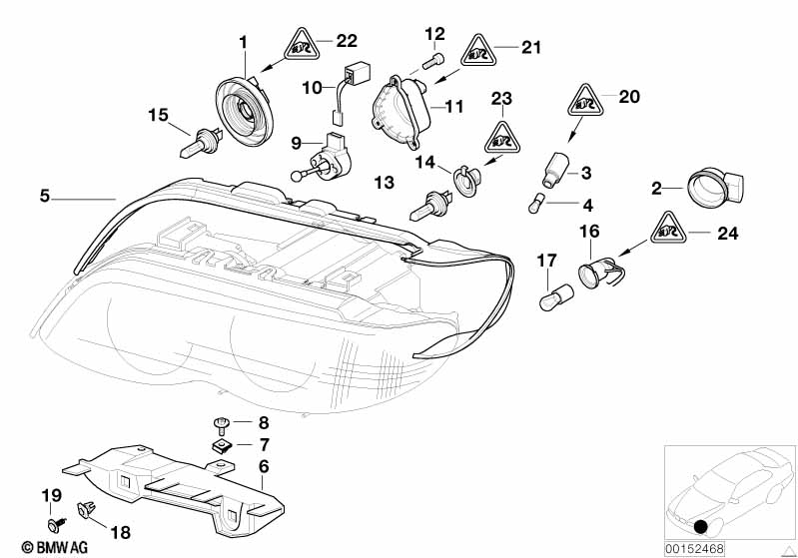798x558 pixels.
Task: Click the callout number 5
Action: coord(44,197)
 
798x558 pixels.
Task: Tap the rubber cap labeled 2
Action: coord(712,187)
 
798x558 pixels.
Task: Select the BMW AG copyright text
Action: coord(38,547)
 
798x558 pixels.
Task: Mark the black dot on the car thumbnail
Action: coord(701,526)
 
